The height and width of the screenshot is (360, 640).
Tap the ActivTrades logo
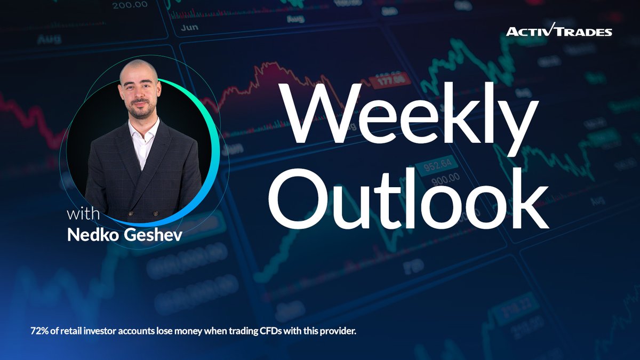tap(559, 31)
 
